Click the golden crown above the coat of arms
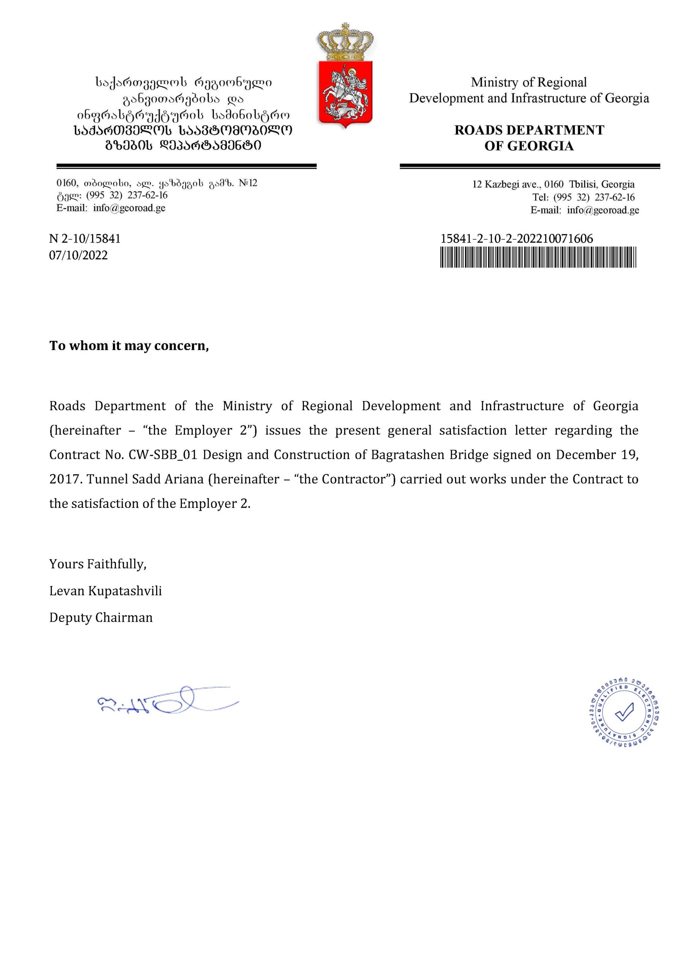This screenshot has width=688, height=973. (345, 42)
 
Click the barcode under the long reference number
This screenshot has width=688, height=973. (538, 257)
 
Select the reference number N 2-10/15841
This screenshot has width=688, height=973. (85, 239)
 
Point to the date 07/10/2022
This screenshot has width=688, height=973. (78, 255)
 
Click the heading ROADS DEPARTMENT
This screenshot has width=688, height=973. (529, 130)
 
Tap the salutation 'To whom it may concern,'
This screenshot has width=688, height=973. (129, 346)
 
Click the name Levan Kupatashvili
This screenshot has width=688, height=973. (106, 591)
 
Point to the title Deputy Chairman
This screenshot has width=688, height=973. (101, 618)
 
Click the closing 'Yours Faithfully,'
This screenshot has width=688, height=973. (98, 564)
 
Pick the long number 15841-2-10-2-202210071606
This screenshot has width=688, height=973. (516, 239)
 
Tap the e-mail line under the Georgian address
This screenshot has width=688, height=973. (111, 208)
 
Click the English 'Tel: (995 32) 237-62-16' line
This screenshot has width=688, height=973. (584, 197)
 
